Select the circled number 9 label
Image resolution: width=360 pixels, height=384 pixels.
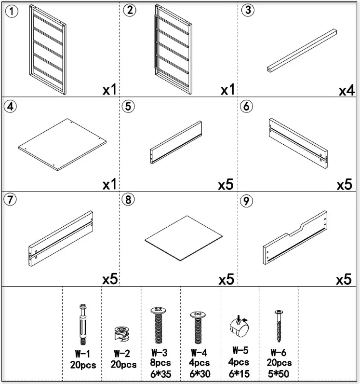click(x=246, y=201)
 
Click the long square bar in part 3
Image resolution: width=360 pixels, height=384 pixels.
click(x=301, y=51)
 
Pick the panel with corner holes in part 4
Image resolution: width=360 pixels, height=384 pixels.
click(x=62, y=144)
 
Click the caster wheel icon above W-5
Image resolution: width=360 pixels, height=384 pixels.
click(x=240, y=328)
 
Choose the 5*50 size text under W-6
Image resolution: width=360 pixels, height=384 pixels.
click(x=279, y=373)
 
